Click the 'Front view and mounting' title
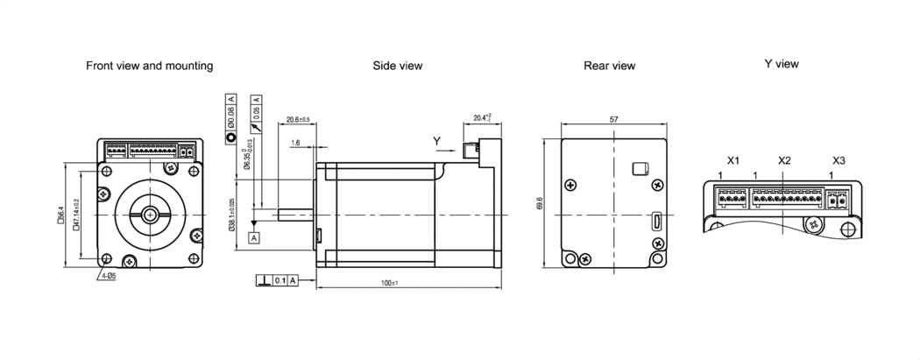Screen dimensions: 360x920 coord(149,66)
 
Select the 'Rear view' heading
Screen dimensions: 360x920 coord(609,66)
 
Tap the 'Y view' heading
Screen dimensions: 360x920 coord(781,64)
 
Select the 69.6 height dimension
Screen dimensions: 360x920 coord(540,203)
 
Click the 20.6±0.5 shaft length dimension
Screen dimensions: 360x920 coord(298,119)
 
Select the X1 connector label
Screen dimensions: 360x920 coord(733,160)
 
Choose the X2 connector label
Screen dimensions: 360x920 coord(784,160)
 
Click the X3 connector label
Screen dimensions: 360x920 coord(839,160)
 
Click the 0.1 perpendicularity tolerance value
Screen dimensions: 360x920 coord(280,280)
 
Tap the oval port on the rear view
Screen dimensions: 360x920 coord(655,221)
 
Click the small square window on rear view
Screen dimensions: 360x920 coord(640,167)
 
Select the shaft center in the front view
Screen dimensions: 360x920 coord(151,214)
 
